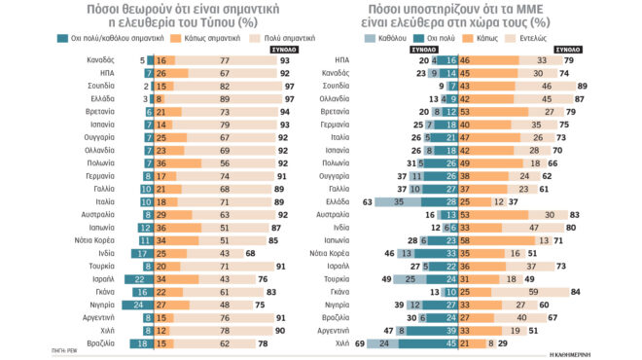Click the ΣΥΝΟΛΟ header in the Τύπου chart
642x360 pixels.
coord(285,48)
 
